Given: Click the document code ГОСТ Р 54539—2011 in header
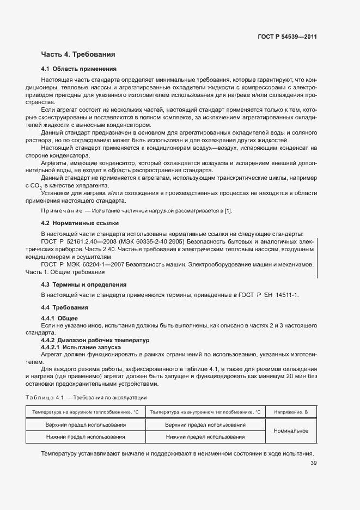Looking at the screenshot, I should click(287, 37).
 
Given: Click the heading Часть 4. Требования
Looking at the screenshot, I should click(78, 54).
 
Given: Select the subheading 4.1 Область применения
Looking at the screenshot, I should click(79, 69).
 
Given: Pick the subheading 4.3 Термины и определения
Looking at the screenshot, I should click(84, 284).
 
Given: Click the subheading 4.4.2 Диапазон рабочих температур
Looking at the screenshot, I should click(95, 339).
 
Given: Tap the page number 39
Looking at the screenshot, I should click(313, 464).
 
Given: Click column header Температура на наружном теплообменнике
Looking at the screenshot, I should click(86, 412).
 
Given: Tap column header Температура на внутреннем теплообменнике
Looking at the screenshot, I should click(205, 412).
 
